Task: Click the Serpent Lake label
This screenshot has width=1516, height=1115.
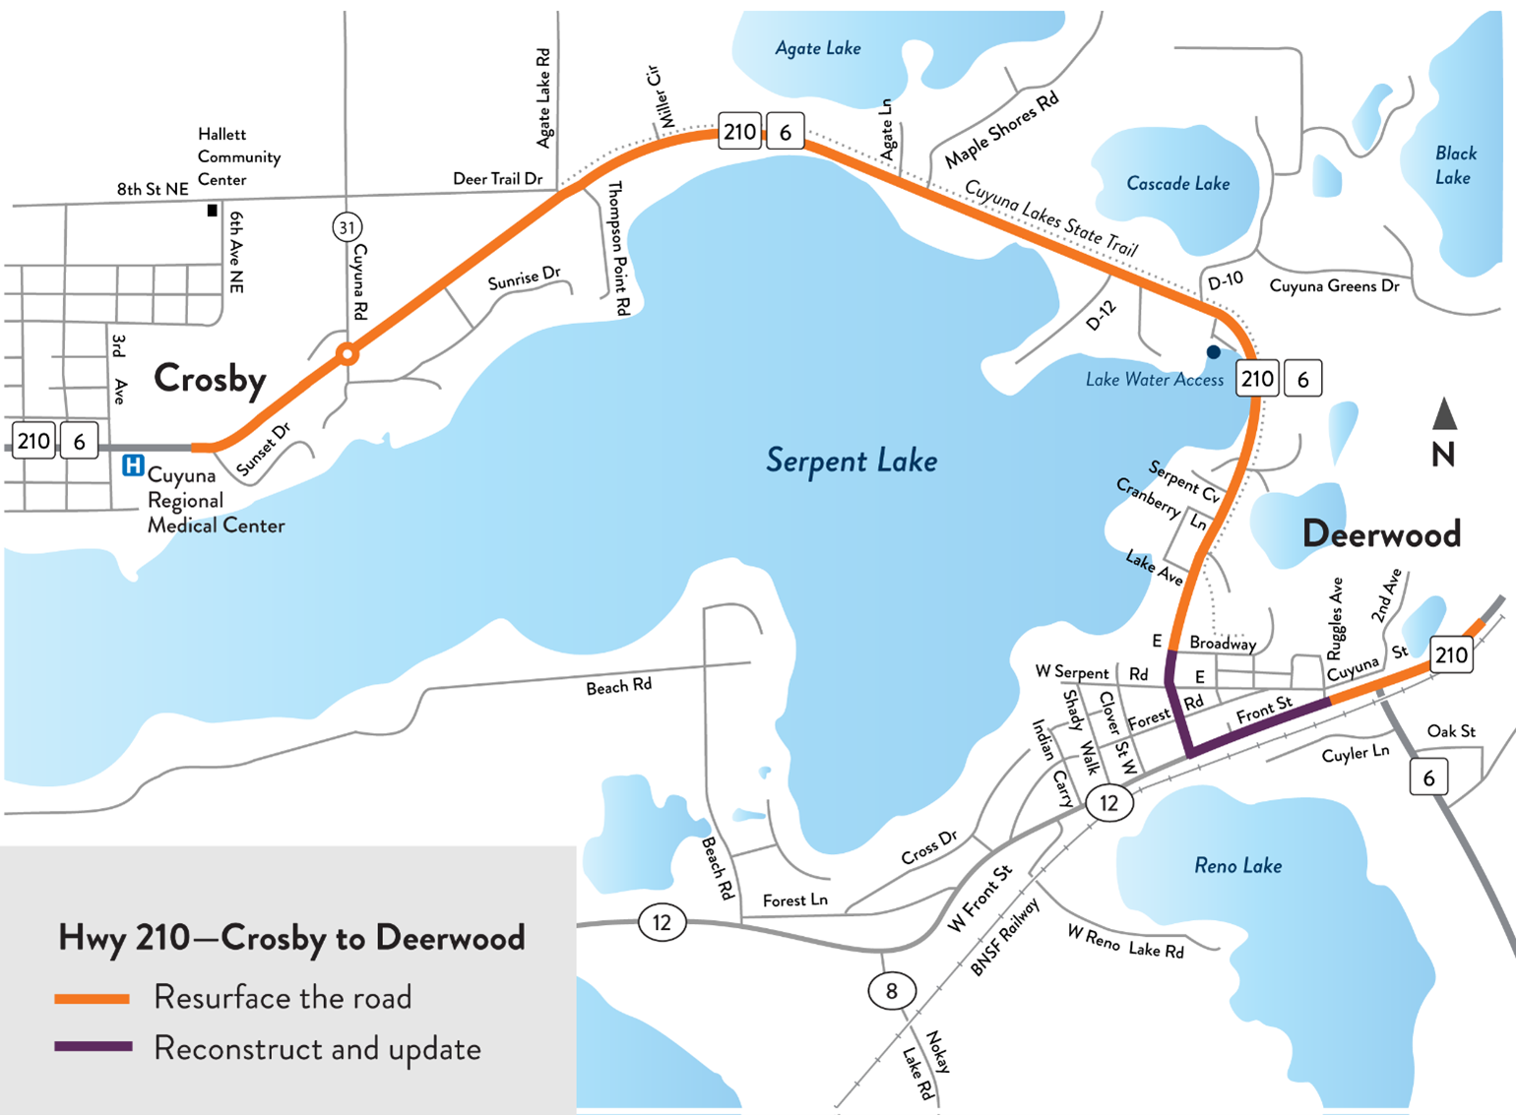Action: [851, 461]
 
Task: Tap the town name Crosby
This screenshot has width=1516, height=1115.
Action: [210, 379]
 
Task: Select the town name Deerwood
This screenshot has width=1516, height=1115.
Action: [1380, 534]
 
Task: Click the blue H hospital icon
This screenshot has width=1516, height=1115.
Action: [133, 465]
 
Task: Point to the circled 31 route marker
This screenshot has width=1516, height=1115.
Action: [347, 228]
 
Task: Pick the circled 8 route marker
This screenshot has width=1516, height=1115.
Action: [891, 991]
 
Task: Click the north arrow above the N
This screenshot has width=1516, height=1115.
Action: [1444, 414]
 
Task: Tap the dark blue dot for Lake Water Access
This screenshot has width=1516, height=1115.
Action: [1214, 351]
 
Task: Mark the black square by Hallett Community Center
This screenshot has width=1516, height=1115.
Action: [212, 211]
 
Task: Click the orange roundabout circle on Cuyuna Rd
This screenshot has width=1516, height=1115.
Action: [347, 354]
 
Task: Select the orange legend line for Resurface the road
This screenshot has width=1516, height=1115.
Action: [93, 999]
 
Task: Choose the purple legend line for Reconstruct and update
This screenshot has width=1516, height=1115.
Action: [93, 1047]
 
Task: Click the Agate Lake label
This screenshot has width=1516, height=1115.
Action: [817, 48]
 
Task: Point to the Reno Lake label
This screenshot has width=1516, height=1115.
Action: [1237, 866]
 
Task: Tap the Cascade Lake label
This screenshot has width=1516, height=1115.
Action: [1177, 184]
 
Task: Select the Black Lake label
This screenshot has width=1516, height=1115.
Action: [1454, 165]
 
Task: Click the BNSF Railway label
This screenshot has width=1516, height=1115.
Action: [1004, 938]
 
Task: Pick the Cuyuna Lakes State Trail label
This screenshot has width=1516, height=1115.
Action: [1050, 217]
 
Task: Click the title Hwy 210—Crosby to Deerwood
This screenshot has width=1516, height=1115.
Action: [291, 938]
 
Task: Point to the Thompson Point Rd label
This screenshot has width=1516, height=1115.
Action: [617, 248]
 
